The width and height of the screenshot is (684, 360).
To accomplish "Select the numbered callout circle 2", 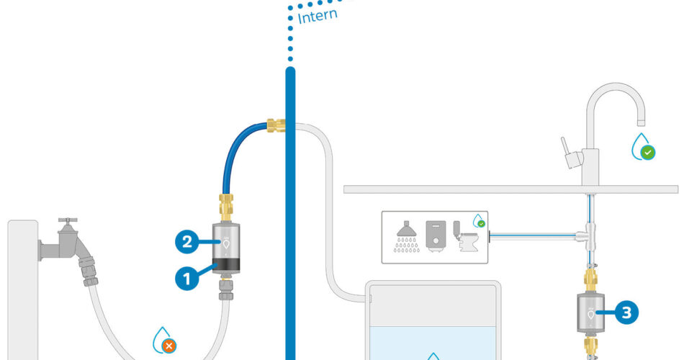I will [x=186, y=243].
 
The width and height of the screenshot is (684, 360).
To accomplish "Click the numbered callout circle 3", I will [x=626, y=312].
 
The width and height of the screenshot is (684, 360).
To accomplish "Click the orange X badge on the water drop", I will [x=169, y=346].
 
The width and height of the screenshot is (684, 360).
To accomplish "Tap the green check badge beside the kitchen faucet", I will [x=648, y=152].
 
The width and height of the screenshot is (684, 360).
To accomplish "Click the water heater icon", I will [x=437, y=235].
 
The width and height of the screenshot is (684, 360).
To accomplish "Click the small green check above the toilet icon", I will [x=480, y=223].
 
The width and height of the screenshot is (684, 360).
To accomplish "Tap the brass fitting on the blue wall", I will [x=275, y=127].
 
